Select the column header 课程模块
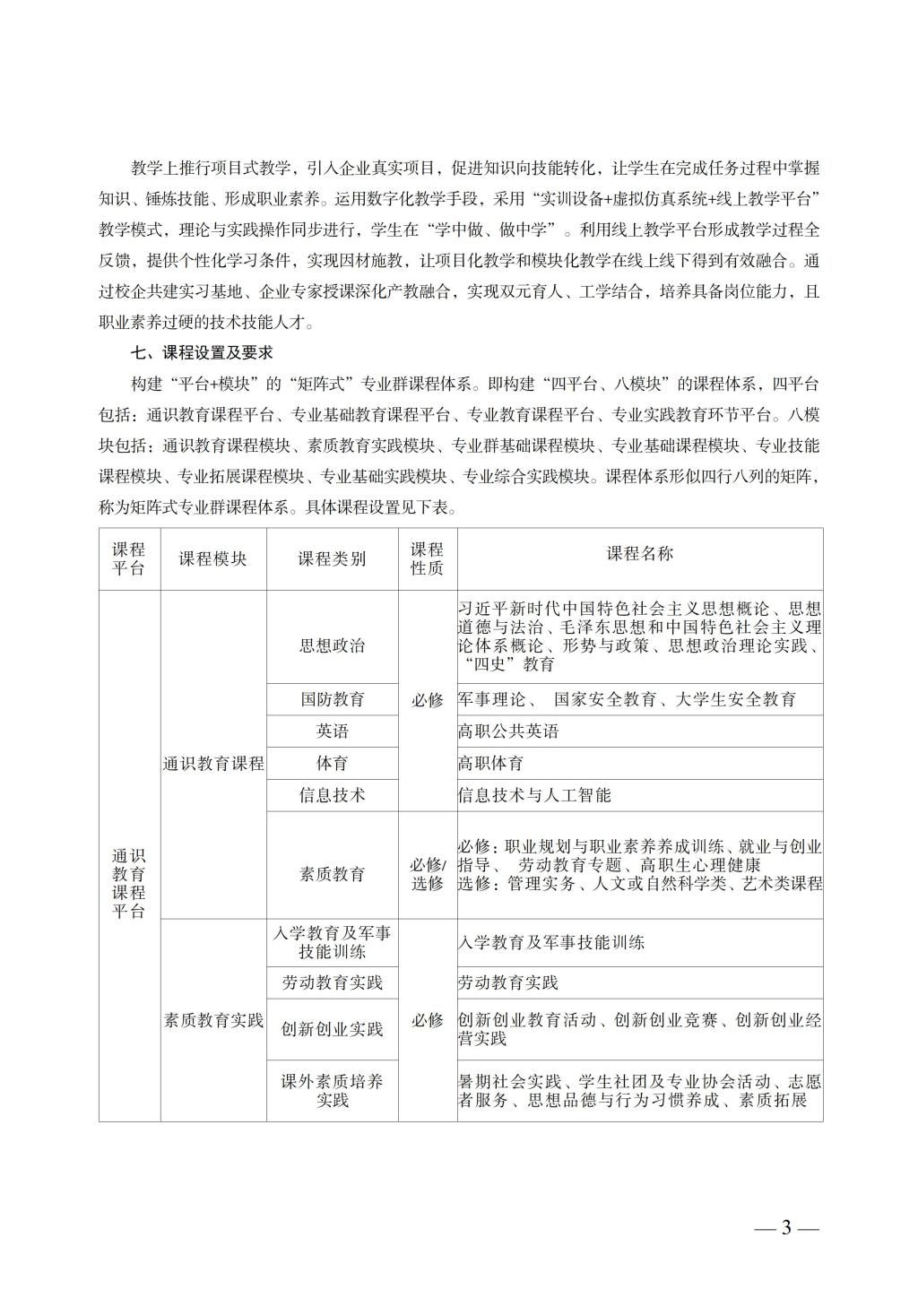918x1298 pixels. click(x=213, y=558)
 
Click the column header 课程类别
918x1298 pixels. click(x=332, y=558)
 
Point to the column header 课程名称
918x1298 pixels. click(x=639, y=553)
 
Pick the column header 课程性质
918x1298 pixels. click(x=427, y=558)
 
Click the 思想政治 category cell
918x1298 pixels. click(x=332, y=645)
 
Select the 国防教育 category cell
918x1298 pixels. click(x=332, y=699)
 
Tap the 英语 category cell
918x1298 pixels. click(x=332, y=731)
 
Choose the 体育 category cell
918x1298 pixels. click(x=332, y=764)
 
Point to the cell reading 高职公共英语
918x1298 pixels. click(x=508, y=731)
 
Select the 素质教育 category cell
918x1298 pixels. click(x=332, y=874)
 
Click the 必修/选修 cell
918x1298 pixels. click(x=427, y=874)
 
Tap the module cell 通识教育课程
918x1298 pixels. click(x=213, y=764)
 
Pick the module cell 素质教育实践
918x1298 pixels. click(x=213, y=1020)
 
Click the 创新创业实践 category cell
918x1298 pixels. click(x=332, y=1029)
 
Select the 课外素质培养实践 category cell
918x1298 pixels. click(x=332, y=1090)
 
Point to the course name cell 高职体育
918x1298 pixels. click(x=490, y=764)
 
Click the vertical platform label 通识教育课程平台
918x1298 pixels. click(x=129, y=883)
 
